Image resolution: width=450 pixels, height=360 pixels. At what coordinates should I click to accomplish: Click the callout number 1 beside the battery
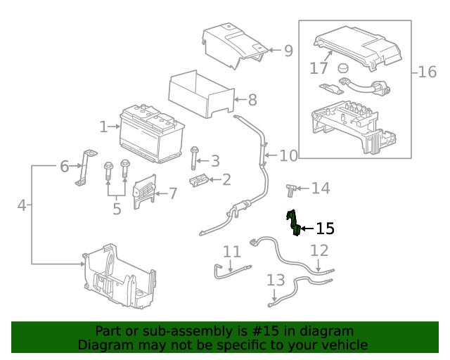tap(103, 127)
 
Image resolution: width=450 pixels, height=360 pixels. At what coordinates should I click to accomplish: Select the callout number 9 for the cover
tap(288, 51)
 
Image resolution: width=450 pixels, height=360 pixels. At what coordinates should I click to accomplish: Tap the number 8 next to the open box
tap(252, 100)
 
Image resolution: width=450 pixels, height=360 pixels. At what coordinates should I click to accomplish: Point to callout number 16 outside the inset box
tap(427, 72)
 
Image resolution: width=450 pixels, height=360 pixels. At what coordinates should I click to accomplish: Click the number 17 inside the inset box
tap(319, 68)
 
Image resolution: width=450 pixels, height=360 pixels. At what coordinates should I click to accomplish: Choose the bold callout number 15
tap(325, 229)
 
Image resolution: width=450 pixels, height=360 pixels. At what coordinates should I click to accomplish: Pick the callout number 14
tap(321, 188)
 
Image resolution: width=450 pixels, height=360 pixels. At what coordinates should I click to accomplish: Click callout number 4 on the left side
tap(22, 205)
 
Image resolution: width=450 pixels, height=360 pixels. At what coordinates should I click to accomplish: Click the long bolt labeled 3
tap(193, 160)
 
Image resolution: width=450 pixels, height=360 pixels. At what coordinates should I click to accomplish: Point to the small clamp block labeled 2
tap(200, 181)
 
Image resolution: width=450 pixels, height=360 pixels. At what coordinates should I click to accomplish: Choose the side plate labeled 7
tap(145, 188)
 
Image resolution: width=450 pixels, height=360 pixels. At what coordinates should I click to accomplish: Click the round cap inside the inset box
tap(343, 68)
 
